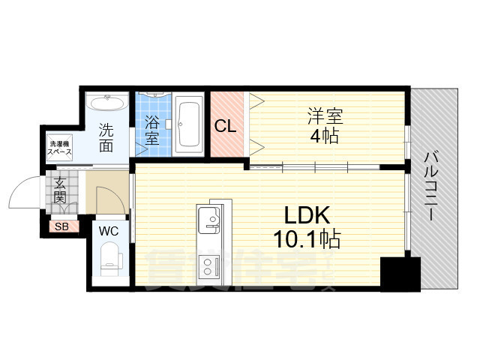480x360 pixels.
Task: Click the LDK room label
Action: click(307, 215)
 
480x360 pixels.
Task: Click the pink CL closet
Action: click(226, 125)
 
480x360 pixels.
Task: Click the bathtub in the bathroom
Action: click(188, 123)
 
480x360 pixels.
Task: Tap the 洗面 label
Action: click(106, 137)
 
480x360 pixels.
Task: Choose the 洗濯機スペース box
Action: click(59, 146)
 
